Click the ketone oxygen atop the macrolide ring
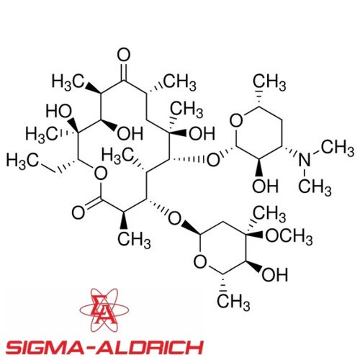pos(124,55)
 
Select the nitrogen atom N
pos(305,160)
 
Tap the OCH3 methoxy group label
pos(289,237)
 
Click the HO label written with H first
pos(59,112)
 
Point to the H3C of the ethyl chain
pos(22,161)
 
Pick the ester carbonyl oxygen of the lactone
pos(78,212)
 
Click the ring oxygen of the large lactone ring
pos(100,174)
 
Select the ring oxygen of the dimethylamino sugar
pos(237,121)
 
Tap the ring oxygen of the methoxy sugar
pos(200,262)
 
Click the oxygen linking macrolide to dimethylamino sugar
pos(213,160)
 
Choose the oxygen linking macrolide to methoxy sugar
pos(174,218)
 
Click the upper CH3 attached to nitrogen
pos(338,148)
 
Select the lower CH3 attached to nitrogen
pos(315,187)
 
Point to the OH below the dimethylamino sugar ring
pos(265,186)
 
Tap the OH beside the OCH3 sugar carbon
pos(275,275)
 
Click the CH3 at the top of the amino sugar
pos(269,83)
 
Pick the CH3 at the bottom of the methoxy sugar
pos(233,302)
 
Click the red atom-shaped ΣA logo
pos(104,310)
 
